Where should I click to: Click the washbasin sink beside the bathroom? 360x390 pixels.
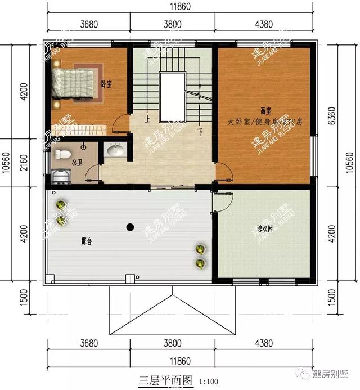[115, 150]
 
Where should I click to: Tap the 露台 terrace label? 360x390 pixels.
[87, 241]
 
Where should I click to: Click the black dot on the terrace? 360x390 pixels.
[130, 227]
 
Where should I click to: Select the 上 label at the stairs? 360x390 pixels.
[147, 119]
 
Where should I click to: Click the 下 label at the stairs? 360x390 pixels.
[200, 133]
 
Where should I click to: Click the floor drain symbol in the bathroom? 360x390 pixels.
[83, 146]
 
